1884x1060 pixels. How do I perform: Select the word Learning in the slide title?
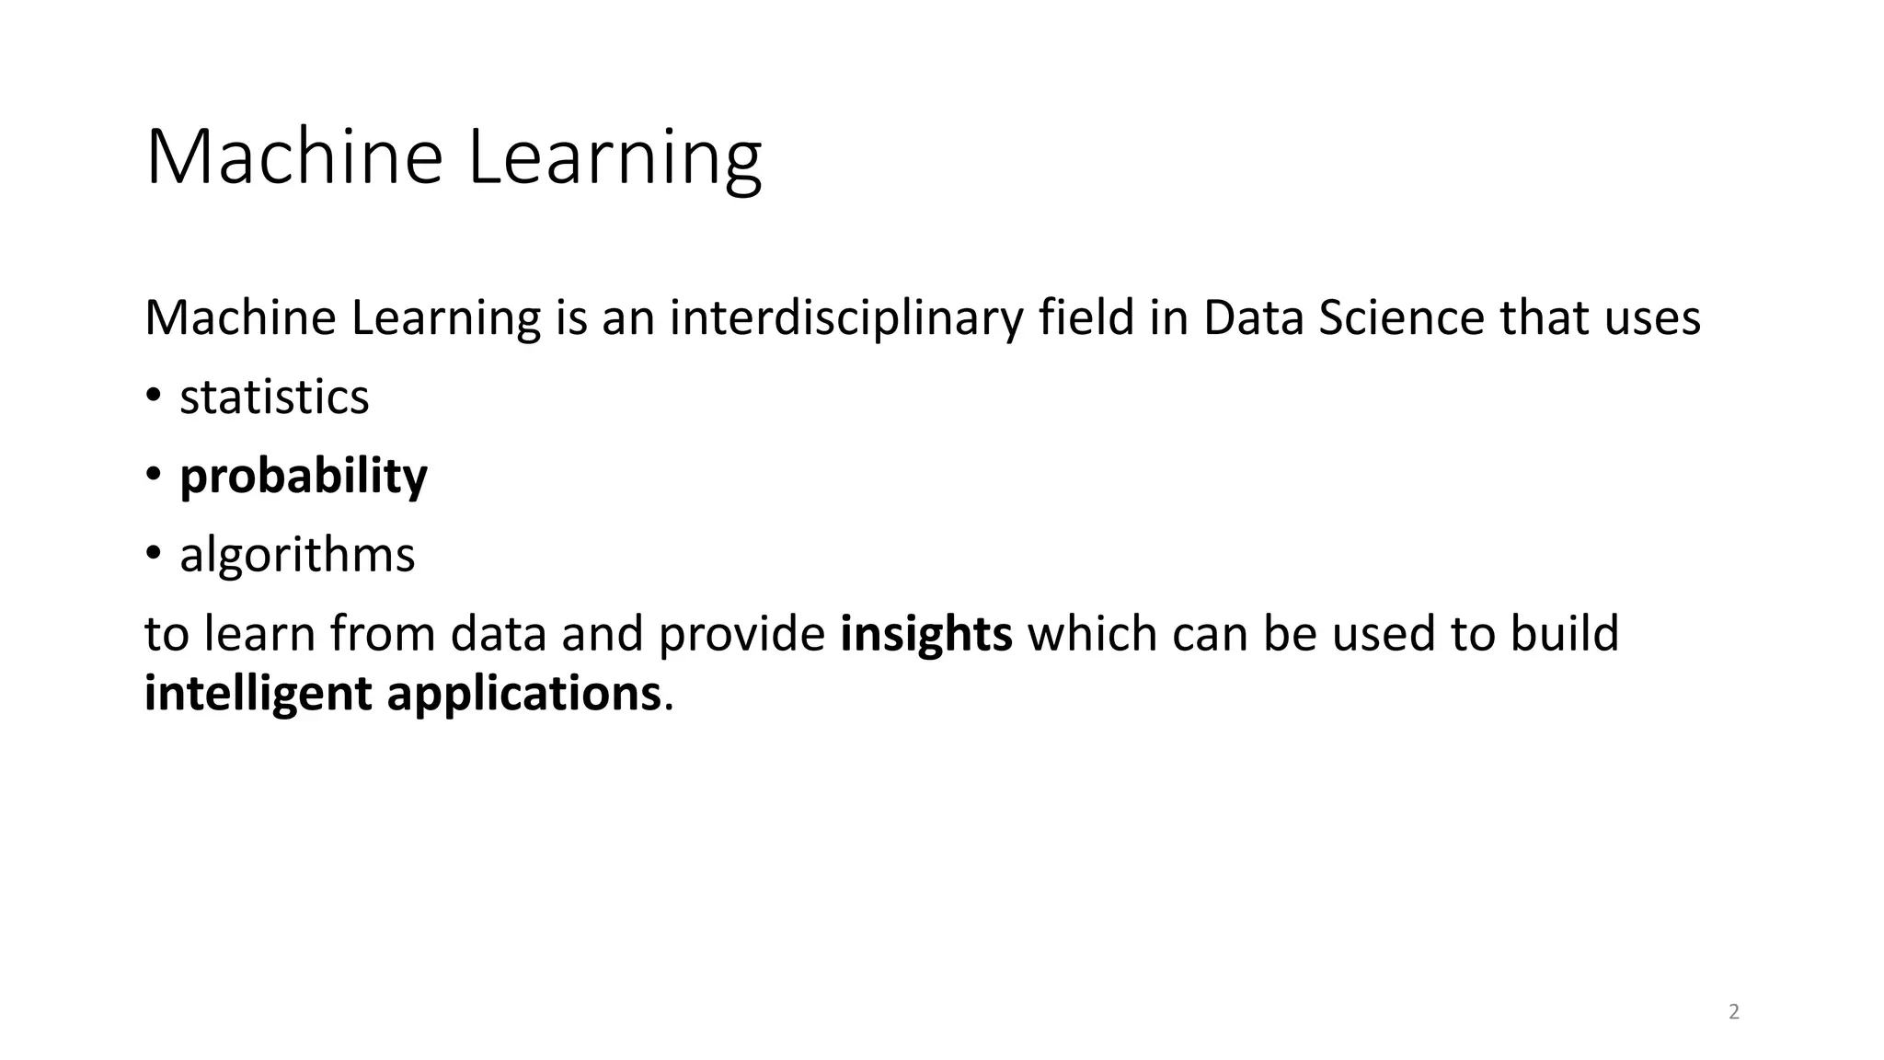pos(615,158)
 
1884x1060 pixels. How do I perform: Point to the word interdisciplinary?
pos(845,318)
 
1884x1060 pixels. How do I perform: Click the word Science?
pos(1401,317)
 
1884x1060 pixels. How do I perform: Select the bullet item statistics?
pos(274,397)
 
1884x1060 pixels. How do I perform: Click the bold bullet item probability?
pos(304,477)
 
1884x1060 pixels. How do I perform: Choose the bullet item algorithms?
pos(297,555)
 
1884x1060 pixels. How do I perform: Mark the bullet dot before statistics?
pos(154,397)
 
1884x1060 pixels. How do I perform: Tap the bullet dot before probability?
pos(154,476)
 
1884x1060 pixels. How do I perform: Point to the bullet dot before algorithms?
pos(154,555)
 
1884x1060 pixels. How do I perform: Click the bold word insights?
pos(926,634)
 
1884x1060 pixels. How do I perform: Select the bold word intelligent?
pos(258,694)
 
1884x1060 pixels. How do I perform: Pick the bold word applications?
pos(523,694)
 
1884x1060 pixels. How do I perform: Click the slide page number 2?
pos(1734,1012)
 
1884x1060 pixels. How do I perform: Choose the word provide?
pos(741,634)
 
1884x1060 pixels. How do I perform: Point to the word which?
pos(1092,634)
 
